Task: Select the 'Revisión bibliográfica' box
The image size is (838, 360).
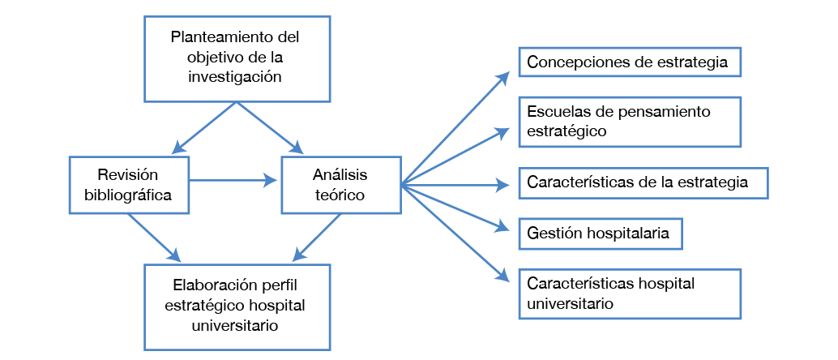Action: coord(129,185)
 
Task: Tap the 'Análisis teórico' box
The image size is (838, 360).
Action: coord(340,185)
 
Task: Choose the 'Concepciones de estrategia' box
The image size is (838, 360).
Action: coord(630,62)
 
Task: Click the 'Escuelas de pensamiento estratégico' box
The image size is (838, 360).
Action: coord(630,121)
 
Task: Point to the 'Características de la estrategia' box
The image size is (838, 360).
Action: coord(642,182)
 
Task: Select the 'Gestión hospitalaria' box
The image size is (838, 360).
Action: coord(599,234)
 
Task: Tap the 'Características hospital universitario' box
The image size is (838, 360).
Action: coord(630,294)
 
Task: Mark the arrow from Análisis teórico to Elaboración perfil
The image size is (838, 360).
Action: coord(316,238)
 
